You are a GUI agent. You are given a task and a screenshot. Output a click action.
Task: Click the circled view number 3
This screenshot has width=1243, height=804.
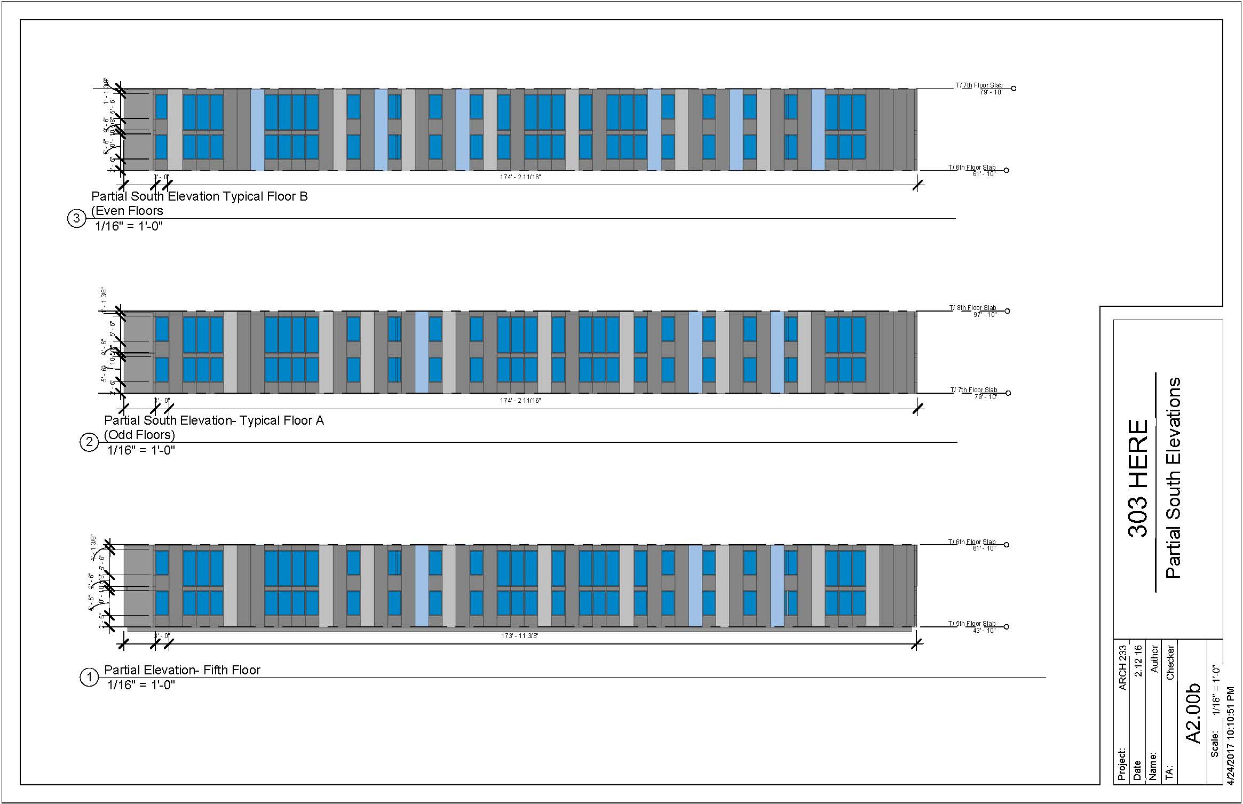tap(77, 219)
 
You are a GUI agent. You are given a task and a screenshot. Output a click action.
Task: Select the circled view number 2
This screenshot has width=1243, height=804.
tap(89, 442)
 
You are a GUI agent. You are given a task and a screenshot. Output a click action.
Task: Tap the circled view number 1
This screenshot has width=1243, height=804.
tap(89, 678)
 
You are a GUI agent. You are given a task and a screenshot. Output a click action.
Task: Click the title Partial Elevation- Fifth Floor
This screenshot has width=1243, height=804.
tap(182, 670)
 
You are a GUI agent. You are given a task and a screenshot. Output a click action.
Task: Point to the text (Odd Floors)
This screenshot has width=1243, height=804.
tap(139, 435)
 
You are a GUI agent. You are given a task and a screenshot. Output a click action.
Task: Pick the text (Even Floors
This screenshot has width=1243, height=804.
tap(127, 211)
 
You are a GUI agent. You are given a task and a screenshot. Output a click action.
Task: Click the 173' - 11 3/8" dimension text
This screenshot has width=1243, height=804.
tap(519, 636)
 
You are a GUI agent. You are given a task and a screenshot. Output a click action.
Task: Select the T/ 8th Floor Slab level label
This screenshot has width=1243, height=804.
tap(972, 308)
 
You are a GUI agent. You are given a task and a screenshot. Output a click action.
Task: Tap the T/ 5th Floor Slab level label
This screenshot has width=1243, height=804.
tap(971, 623)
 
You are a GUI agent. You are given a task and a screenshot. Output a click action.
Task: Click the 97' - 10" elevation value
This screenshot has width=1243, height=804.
tap(984, 315)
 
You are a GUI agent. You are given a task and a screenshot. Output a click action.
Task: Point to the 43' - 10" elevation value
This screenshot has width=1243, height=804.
tap(984, 631)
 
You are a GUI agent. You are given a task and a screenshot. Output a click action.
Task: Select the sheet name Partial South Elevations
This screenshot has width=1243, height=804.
tap(1173, 478)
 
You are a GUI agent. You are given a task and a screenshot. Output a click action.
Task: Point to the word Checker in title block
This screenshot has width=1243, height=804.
tap(1170, 662)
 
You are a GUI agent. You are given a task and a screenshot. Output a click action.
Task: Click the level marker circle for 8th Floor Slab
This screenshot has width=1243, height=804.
tap(1008, 311)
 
